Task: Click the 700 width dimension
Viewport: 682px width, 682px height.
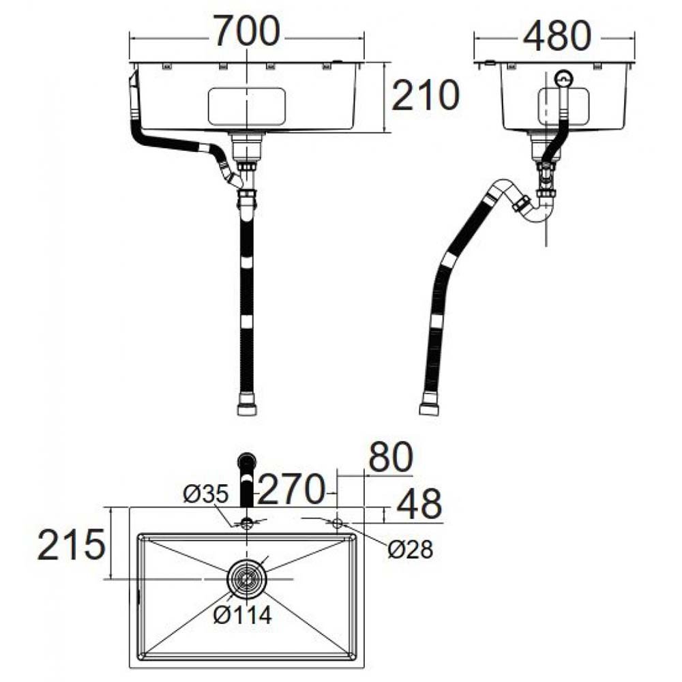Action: tap(246, 31)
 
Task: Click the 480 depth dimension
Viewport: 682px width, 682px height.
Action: tap(557, 35)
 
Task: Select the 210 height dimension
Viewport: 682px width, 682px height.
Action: tap(426, 95)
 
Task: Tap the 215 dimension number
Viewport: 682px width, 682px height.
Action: tap(72, 544)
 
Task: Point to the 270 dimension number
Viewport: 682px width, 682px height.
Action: tap(291, 489)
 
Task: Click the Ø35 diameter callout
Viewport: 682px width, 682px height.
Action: tap(205, 494)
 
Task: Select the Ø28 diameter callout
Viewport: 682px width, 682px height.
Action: tap(410, 549)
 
